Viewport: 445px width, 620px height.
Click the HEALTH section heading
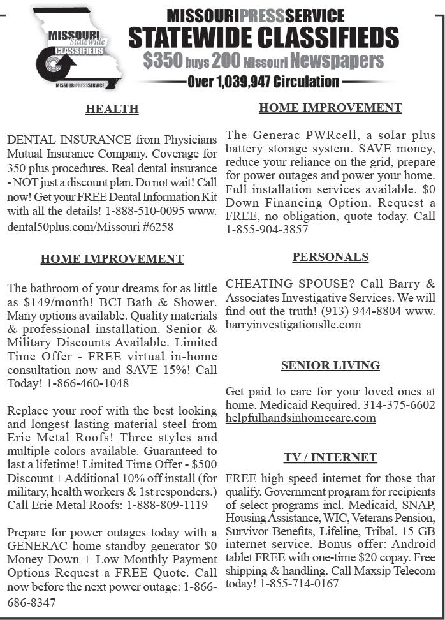point(112,109)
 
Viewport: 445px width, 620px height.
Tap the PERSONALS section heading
point(330,257)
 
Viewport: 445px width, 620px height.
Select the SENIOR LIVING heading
point(330,365)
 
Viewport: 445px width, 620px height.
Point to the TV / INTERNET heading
point(330,457)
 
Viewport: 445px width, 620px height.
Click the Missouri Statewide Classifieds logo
point(80,48)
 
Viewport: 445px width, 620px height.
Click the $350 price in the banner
point(163,61)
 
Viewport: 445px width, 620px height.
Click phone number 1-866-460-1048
point(87,383)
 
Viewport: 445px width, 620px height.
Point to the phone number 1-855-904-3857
point(267,230)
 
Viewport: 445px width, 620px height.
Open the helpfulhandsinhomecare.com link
point(300,418)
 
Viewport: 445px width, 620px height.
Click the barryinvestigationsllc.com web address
point(293,324)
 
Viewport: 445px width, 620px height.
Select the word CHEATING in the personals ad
point(259,283)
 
